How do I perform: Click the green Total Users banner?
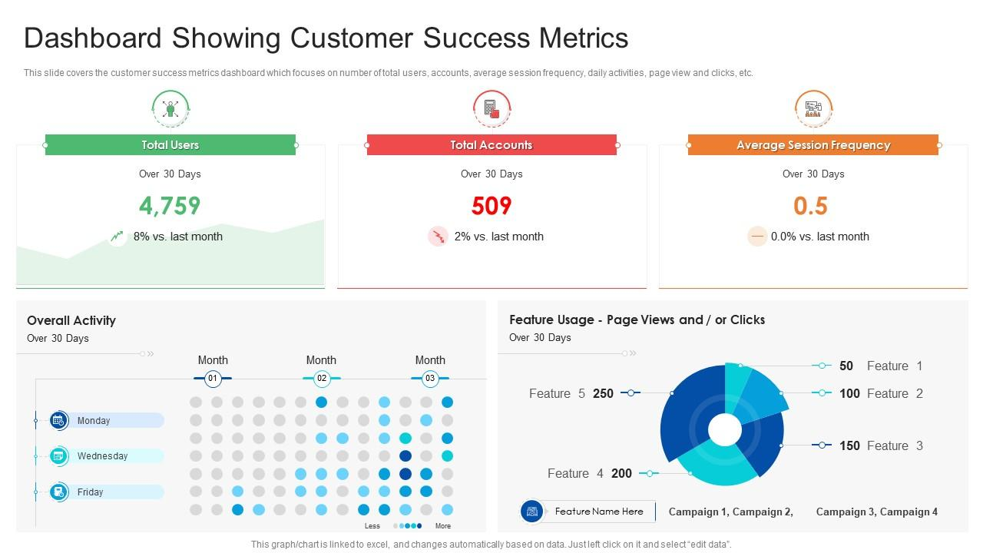click(170, 145)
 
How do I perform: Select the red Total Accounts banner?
click(491, 145)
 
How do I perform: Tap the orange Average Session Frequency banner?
click(813, 145)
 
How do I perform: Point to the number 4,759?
click(170, 206)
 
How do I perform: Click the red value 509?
click(491, 206)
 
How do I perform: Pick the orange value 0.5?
click(810, 206)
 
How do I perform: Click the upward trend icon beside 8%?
click(117, 237)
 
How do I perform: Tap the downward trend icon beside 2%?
click(438, 237)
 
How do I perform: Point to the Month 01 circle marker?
click(213, 378)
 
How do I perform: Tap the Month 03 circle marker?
click(430, 378)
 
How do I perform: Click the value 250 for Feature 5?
click(604, 393)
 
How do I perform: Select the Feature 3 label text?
click(895, 445)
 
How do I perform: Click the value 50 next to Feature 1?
click(846, 366)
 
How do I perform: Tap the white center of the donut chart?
click(724, 430)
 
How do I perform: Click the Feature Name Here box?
click(599, 512)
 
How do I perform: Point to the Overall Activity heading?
click(71, 320)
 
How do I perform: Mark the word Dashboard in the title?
click(93, 38)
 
